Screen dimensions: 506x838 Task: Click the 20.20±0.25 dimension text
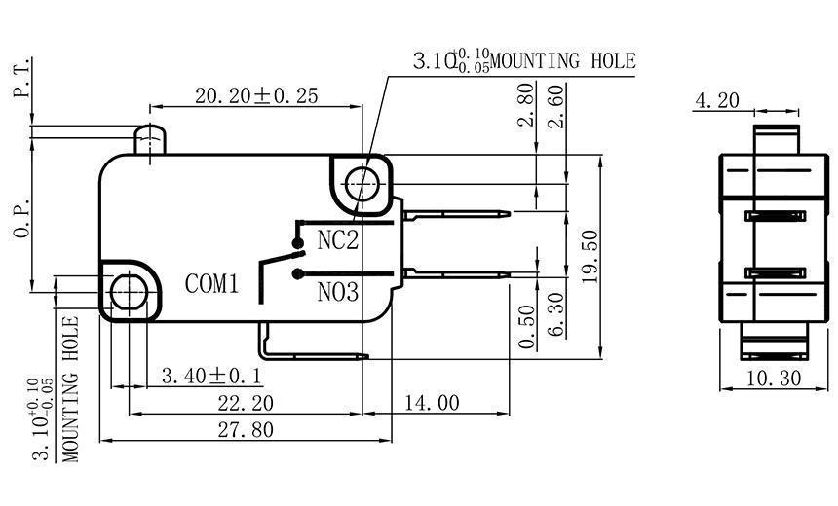256,95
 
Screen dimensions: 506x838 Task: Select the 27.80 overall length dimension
248,429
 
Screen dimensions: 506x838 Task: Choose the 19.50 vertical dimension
587,256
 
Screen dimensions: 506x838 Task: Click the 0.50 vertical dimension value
527,327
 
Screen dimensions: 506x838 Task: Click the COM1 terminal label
212,284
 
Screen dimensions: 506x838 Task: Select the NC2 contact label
338,239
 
